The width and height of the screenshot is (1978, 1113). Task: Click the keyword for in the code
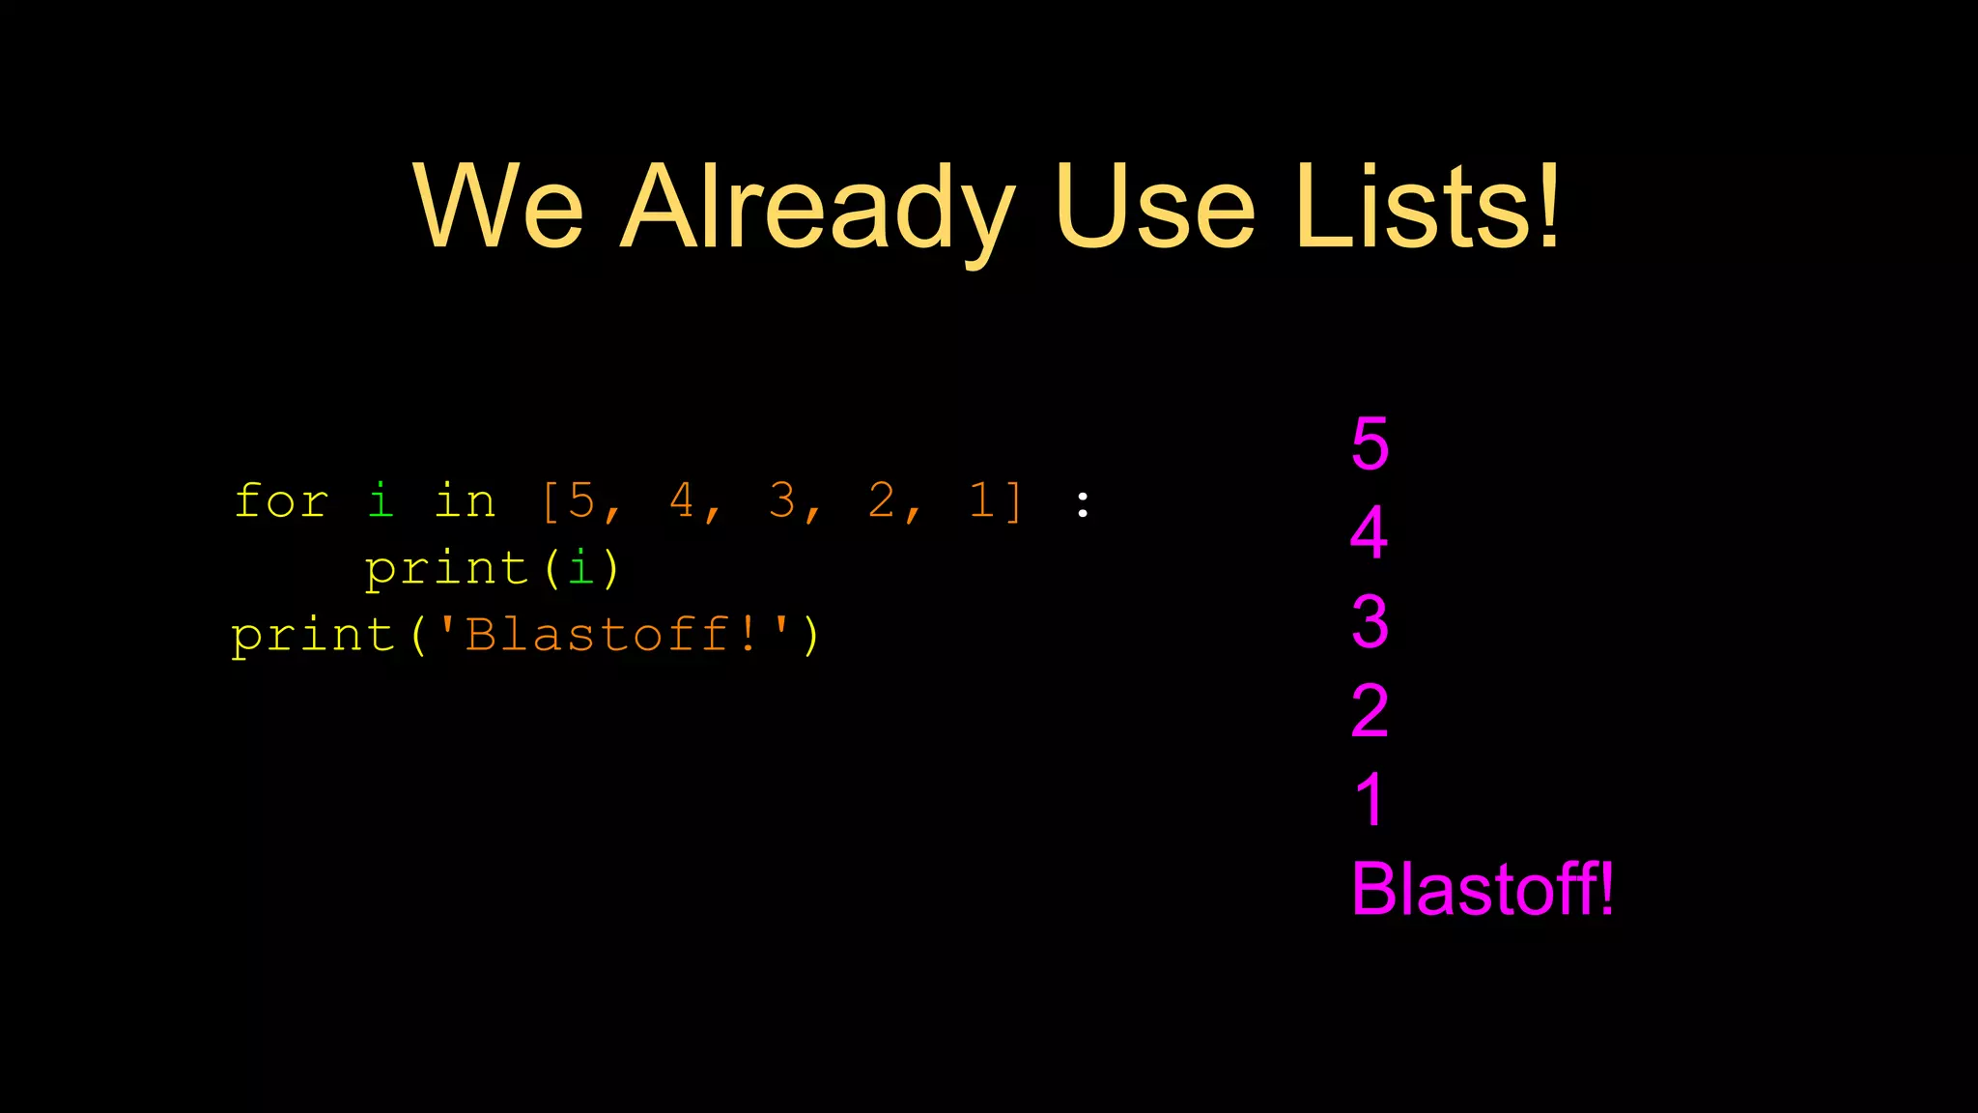(x=281, y=501)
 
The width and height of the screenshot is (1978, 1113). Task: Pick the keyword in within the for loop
(x=465, y=501)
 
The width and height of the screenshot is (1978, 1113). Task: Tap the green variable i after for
(x=381, y=500)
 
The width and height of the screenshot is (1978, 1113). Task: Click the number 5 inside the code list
(x=581, y=501)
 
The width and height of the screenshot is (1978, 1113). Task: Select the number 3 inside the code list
(x=781, y=501)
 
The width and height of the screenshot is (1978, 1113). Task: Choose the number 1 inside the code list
(x=981, y=501)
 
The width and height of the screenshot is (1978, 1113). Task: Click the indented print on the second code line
(x=446, y=568)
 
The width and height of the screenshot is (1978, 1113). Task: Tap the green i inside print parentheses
(x=580, y=568)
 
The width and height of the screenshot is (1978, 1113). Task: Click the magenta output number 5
(x=1370, y=444)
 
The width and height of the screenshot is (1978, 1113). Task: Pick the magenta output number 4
(x=1370, y=532)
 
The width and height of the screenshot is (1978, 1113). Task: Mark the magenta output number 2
(x=1370, y=711)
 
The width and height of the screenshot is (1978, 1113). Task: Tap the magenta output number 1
(x=1370, y=800)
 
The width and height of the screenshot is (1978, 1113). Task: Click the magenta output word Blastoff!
(x=1482, y=889)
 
